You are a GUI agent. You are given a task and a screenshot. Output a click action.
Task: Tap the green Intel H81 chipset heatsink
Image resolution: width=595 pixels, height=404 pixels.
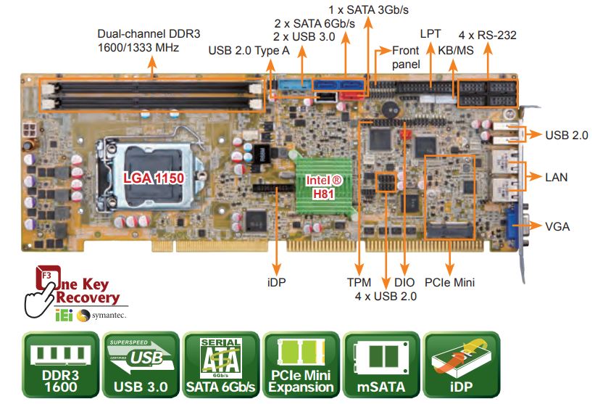pyautogui.click(x=322, y=187)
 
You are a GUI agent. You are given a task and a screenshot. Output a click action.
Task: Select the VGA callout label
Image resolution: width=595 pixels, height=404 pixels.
pyautogui.click(x=557, y=227)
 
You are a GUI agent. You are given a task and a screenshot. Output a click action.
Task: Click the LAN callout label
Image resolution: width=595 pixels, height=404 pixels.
pyautogui.click(x=556, y=177)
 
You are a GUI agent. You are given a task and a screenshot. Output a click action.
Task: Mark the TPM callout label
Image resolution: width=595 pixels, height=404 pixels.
pyautogui.click(x=359, y=282)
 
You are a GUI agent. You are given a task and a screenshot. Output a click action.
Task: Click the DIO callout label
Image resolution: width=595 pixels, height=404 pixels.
pyautogui.click(x=404, y=282)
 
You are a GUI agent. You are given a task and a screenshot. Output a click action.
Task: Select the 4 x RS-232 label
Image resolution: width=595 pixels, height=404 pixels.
pyautogui.click(x=487, y=35)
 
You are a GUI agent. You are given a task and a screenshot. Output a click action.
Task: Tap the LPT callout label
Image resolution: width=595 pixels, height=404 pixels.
pyautogui.click(x=430, y=35)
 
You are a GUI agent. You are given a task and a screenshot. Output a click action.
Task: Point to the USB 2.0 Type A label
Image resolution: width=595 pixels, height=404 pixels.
pyautogui.click(x=249, y=51)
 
